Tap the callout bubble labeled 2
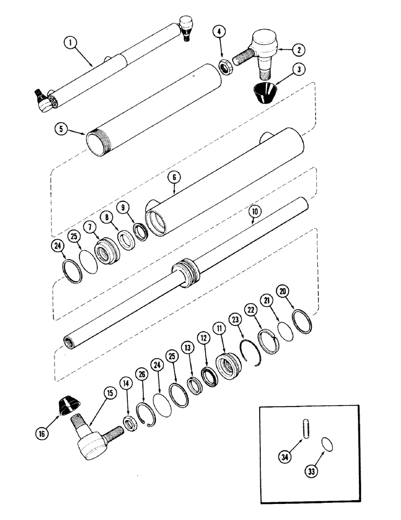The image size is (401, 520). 298,50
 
